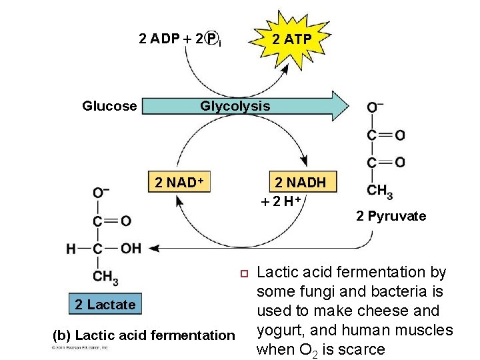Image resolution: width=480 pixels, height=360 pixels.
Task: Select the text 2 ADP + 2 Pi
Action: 180,39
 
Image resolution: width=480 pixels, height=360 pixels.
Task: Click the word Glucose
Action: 109,106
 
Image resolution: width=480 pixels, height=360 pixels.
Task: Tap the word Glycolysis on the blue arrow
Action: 235,106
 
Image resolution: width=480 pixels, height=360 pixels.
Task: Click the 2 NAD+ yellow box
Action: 178,182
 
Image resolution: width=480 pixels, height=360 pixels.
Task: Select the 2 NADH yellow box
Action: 301,182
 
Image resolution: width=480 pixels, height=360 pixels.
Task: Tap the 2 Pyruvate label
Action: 391,216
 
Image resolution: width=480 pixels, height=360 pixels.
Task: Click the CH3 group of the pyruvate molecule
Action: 379,191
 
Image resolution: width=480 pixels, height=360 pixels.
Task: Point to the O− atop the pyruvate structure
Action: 375,107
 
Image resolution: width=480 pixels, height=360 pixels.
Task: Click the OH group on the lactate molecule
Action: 131,248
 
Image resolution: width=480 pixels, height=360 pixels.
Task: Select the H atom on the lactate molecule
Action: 71,249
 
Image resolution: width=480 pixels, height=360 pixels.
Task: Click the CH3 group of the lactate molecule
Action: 106,276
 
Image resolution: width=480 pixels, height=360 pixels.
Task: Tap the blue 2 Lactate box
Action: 105,305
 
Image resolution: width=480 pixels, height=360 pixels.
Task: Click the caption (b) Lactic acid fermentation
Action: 143,335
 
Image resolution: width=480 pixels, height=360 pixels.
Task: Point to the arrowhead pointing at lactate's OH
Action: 153,248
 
